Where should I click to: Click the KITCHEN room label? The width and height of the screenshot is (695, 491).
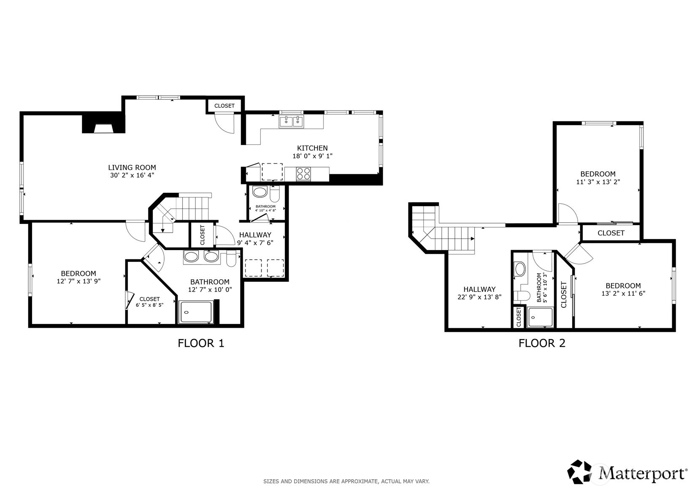tap(312, 148)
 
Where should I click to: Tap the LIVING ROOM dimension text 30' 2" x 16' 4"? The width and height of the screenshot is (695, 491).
tap(132, 175)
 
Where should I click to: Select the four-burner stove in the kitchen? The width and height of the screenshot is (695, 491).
tap(304, 173)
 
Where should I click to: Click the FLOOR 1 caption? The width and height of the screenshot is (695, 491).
tap(201, 343)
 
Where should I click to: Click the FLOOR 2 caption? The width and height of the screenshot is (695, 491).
tap(542, 343)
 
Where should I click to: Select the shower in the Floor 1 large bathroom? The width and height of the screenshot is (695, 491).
tap(195, 313)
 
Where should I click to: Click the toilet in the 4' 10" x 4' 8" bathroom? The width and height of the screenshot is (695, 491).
tap(275, 195)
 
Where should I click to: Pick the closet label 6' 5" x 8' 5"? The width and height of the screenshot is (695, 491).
tap(149, 305)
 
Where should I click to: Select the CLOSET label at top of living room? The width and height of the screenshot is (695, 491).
tap(224, 106)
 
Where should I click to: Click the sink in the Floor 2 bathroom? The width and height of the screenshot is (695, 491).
tap(520, 269)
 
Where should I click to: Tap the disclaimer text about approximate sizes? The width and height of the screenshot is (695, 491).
tap(346, 481)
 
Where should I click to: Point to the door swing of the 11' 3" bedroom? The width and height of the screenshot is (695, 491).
tap(568, 214)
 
